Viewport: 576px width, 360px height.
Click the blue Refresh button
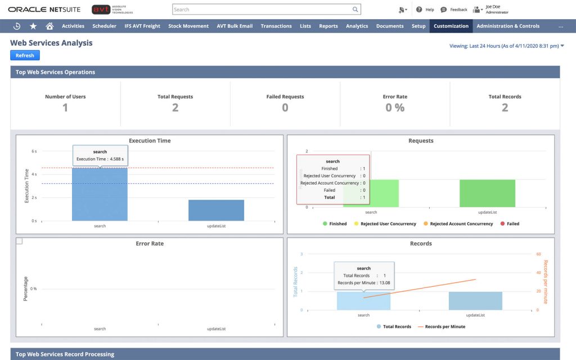[25, 55]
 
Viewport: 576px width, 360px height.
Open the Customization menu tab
[451, 26]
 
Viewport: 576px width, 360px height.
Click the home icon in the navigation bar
[49, 26]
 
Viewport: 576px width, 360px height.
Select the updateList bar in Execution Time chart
[216, 210]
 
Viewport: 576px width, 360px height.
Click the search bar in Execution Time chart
[100, 197]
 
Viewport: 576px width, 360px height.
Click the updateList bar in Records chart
[475, 301]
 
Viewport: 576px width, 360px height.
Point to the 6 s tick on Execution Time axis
[34, 151]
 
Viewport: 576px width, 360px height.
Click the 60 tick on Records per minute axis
[538, 254]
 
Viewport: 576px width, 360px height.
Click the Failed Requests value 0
[285, 107]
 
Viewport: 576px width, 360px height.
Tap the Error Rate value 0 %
[395, 107]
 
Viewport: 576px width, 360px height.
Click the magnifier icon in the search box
[355, 10]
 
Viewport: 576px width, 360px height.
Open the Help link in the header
[426, 10]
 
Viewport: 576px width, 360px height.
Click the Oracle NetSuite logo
[44, 10]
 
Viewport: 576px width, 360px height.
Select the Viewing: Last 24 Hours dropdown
[506, 46]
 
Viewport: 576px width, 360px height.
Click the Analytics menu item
[357, 26]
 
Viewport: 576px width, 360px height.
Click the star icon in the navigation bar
[33, 26]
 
